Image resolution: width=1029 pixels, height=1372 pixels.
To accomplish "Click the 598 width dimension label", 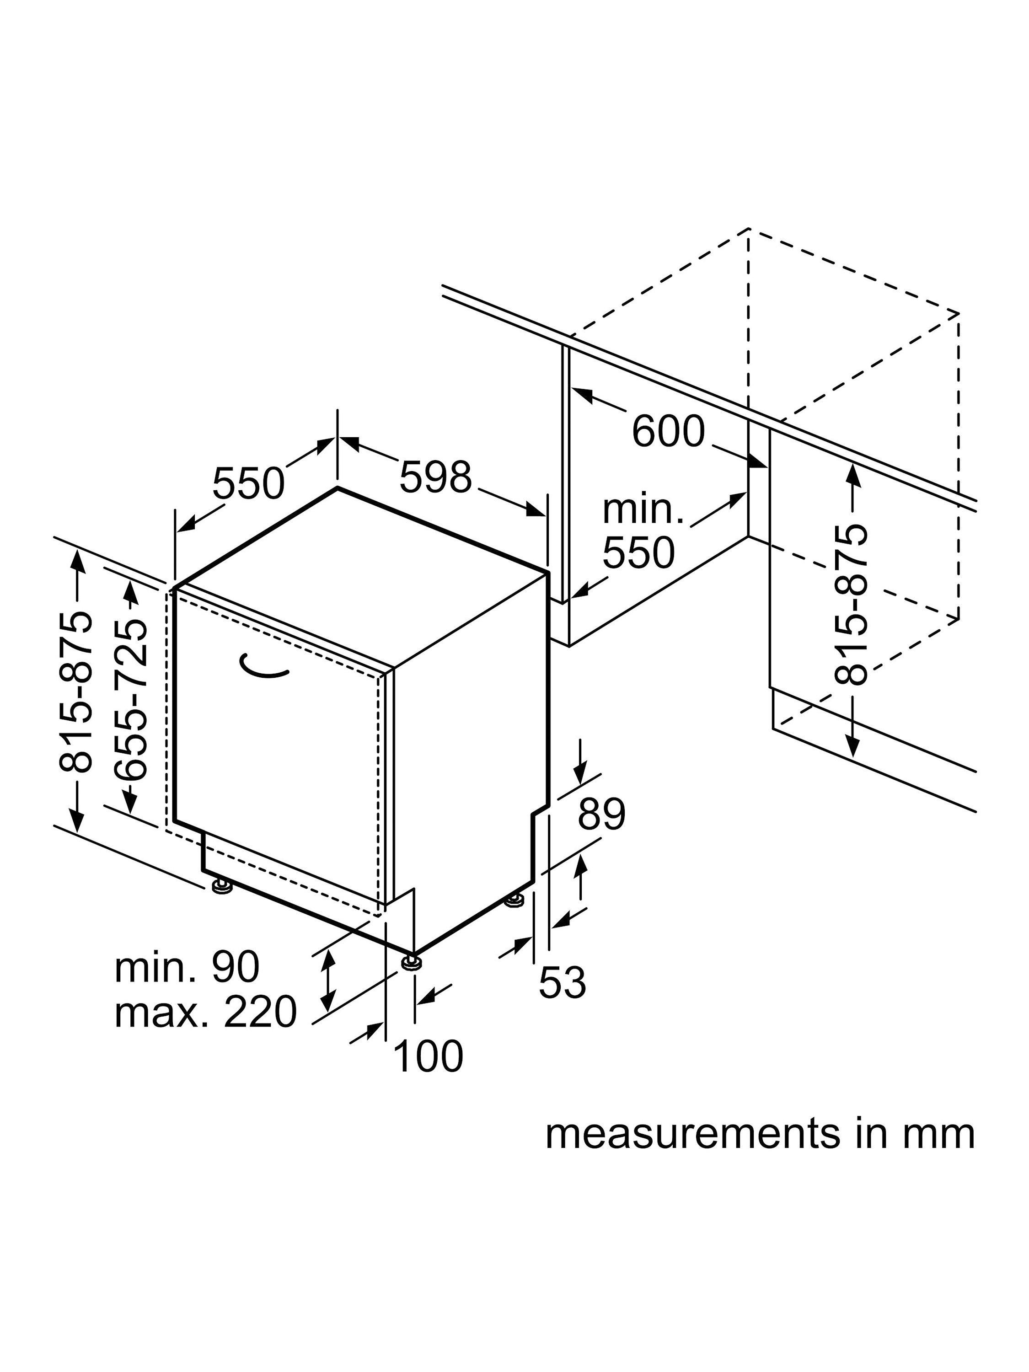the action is pyautogui.click(x=435, y=477).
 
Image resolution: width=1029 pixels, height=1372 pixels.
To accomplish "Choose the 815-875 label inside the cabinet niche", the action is pyautogui.click(x=850, y=605).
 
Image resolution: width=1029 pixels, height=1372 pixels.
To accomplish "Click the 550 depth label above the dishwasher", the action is pyautogui.click(x=248, y=483).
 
